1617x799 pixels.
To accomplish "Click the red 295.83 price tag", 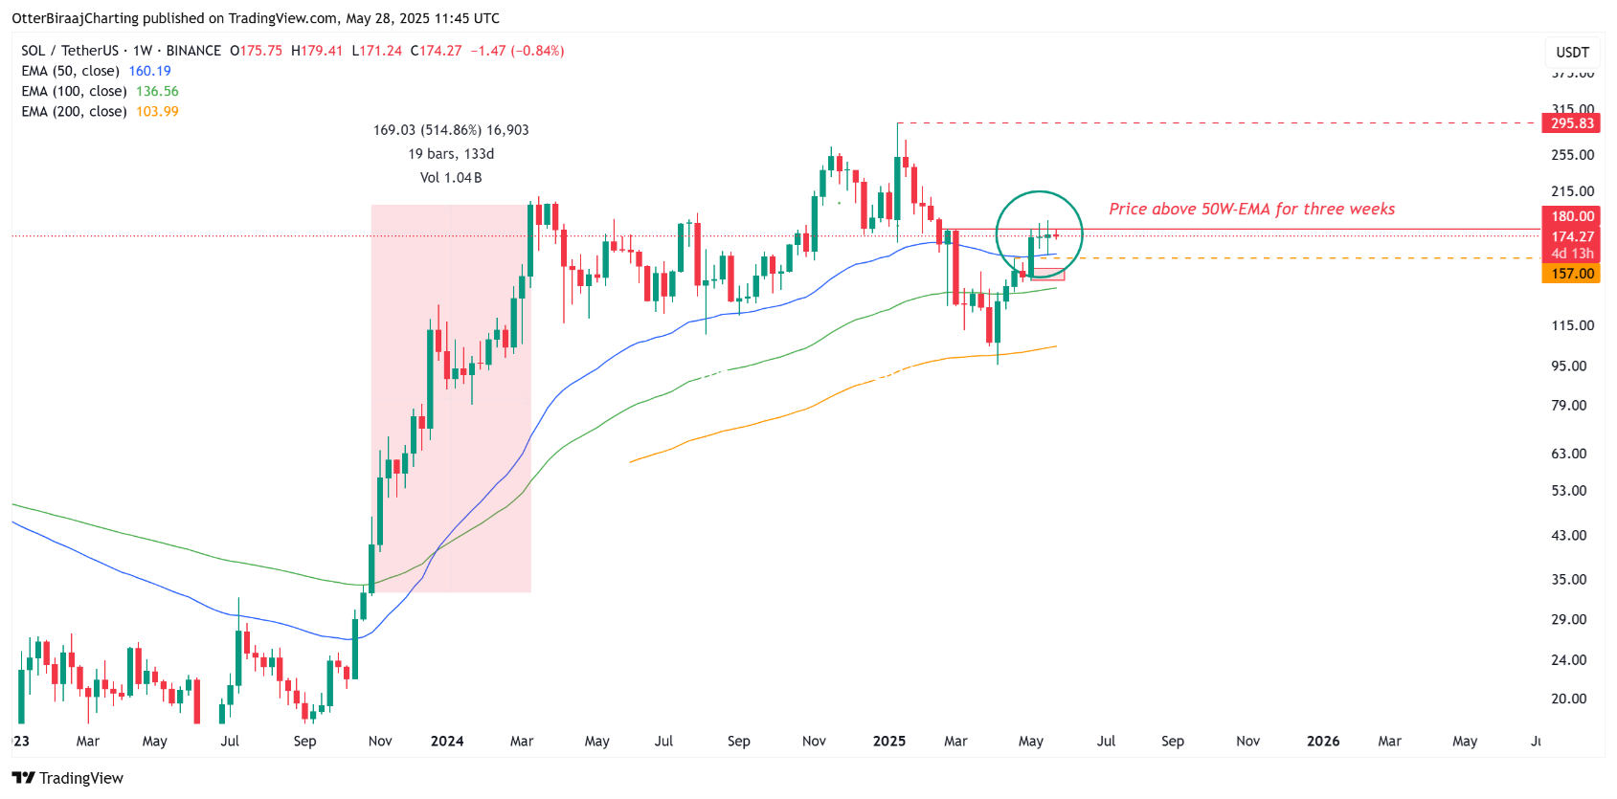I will tap(1572, 123).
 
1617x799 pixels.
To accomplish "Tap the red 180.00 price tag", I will tap(1572, 216).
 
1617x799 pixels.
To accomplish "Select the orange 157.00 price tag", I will tap(1572, 274).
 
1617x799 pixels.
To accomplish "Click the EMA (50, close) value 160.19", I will tap(149, 71).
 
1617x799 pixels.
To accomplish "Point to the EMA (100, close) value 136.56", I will tap(157, 91).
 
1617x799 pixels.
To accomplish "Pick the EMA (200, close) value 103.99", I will tap(157, 111).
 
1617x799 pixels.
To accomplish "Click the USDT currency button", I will tap(1572, 53).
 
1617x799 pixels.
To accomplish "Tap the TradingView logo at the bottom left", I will tap(68, 778).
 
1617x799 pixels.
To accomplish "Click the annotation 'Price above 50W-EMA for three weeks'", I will tap(1251, 209).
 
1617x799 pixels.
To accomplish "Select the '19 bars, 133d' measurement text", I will tap(451, 154).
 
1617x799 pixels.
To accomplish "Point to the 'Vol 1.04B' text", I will tap(451, 178).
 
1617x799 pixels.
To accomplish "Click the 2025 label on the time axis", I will tap(889, 741).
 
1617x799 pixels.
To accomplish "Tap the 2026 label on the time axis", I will tap(1323, 741).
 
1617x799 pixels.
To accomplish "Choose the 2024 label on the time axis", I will tap(447, 741).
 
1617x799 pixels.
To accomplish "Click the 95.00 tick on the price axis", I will tap(1569, 366).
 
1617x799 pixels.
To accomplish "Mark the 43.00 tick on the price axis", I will tap(1569, 536).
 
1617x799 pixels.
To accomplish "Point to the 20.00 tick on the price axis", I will tap(1569, 699).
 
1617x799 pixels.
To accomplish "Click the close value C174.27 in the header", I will tap(437, 51).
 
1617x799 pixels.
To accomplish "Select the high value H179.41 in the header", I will tap(317, 51).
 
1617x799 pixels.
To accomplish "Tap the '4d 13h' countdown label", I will tap(1572, 254).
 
